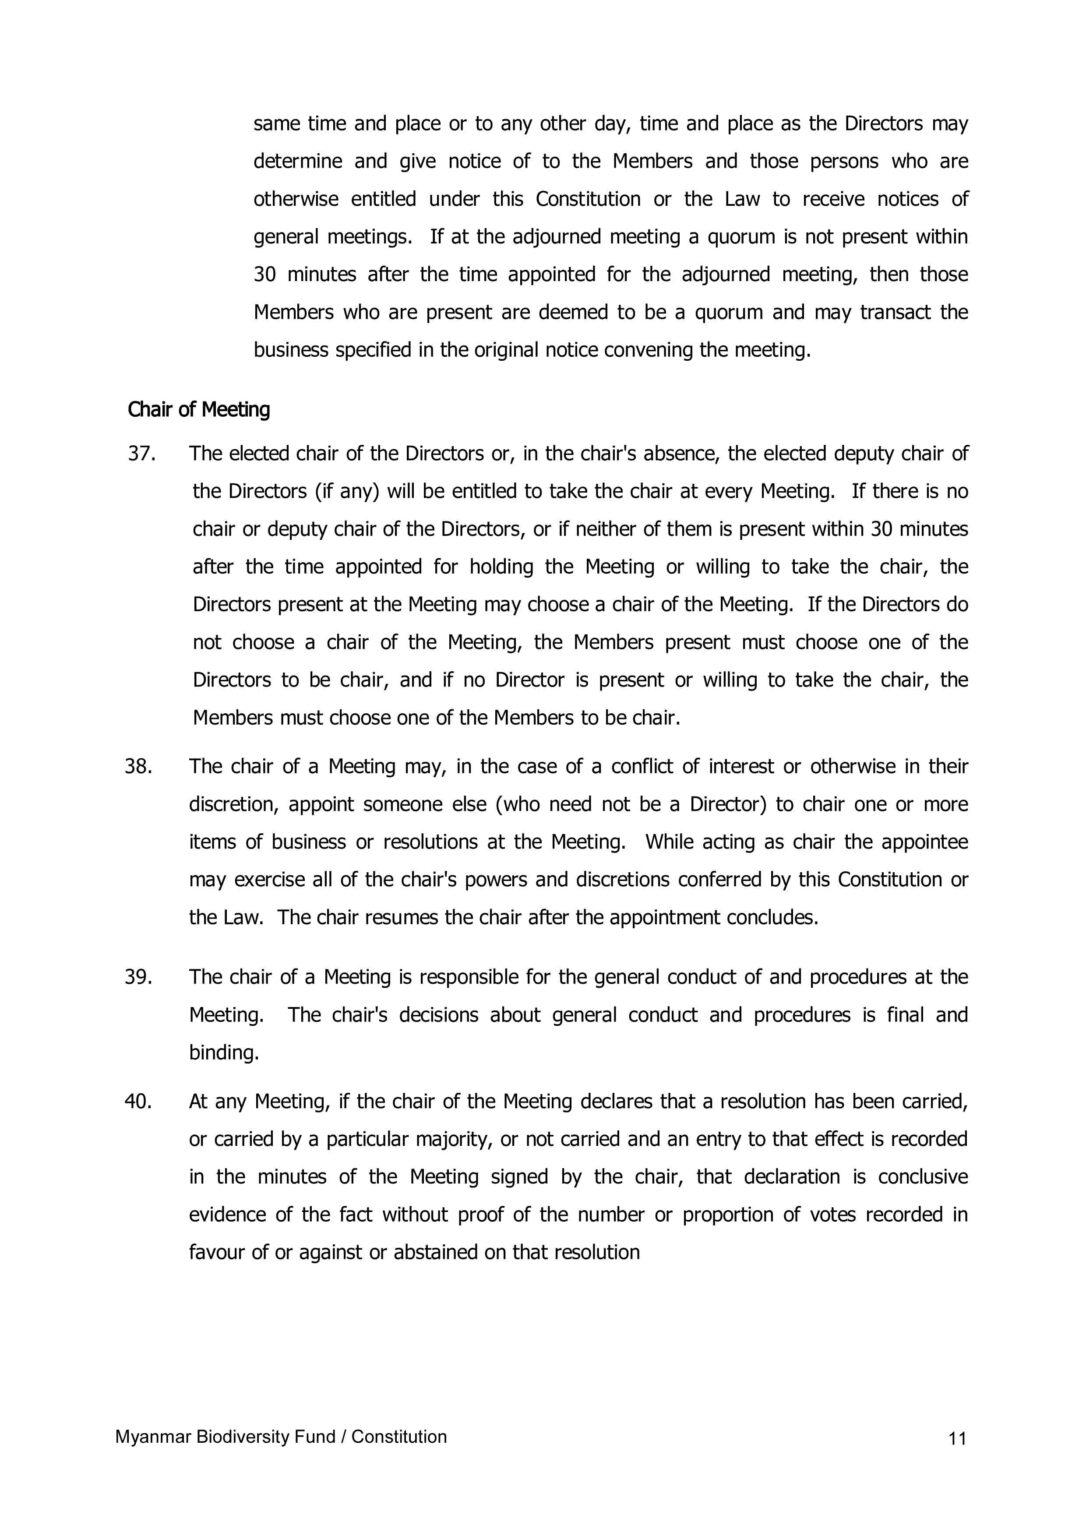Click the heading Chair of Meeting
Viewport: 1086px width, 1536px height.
click(199, 410)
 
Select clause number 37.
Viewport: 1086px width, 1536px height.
click(140, 454)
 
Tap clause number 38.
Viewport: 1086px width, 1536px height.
click(138, 767)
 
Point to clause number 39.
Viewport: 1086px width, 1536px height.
click(138, 977)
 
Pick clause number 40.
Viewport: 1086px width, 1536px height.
click(138, 1102)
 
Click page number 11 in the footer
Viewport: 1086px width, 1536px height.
click(957, 1439)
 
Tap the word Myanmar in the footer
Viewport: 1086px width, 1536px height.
click(151, 1437)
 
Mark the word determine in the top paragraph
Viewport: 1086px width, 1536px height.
click(298, 161)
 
